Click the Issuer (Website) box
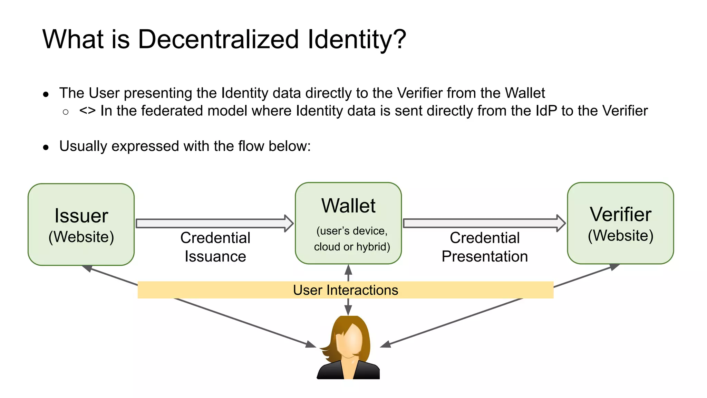click(81, 225)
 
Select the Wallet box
click(348, 223)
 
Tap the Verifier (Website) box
click(620, 223)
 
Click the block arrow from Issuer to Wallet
click(214, 223)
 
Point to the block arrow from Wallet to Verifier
click(483, 223)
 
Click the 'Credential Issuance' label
click(215, 247)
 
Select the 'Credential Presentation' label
click(485, 247)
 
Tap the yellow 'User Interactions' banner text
click(346, 290)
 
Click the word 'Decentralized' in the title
click(218, 39)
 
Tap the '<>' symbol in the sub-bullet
click(87, 111)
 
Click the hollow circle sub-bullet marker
click(66, 112)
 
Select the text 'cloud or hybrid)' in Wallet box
click(352, 247)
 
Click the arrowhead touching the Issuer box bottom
click(87, 268)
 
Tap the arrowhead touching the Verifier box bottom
click(614, 267)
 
